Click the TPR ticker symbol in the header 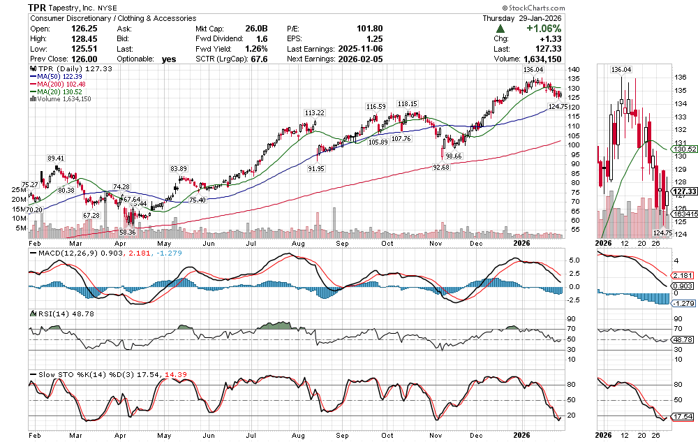click(x=38, y=7)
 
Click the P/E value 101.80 click(x=369, y=28)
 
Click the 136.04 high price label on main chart click(x=533, y=70)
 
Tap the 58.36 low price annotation click(x=126, y=232)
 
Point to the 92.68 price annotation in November click(x=441, y=167)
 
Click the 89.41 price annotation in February click(x=57, y=159)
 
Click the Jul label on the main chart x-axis click(x=251, y=244)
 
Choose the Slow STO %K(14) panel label click(x=68, y=374)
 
